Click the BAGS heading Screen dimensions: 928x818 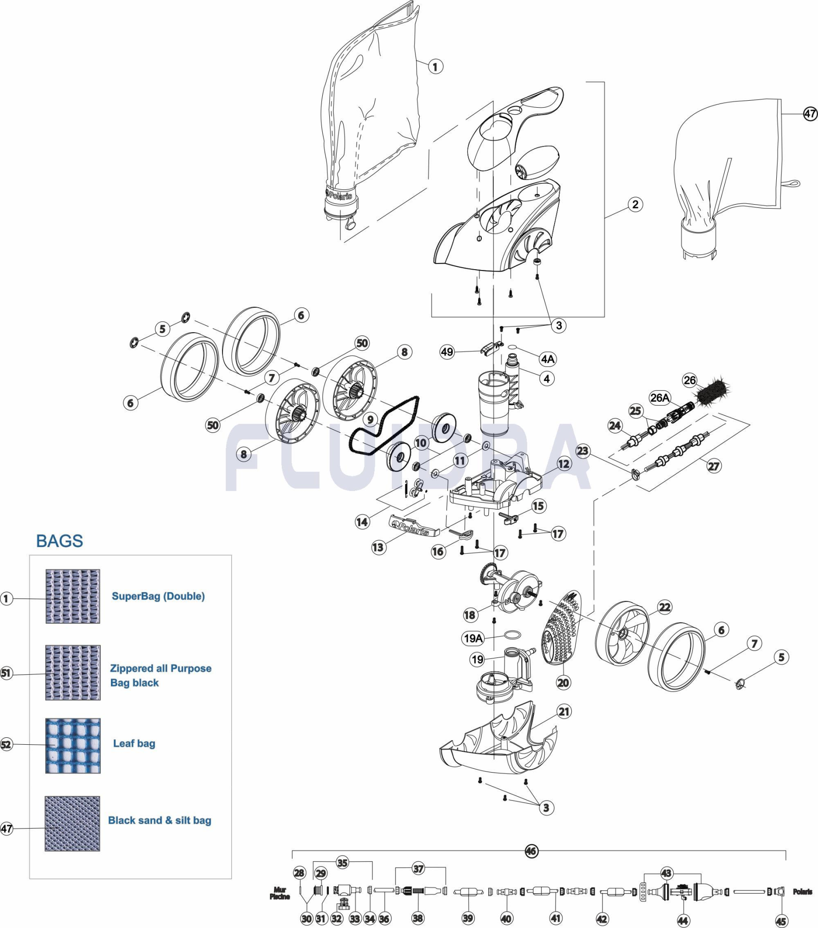59,541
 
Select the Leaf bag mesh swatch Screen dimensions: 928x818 73,746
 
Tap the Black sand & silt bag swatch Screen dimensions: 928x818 72,824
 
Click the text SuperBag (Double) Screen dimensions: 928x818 158,596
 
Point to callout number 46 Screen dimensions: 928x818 531,851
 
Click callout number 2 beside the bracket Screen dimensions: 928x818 635,204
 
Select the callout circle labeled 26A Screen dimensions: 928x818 659,398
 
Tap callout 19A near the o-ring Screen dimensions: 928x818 473,638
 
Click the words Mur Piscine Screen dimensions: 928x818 280,893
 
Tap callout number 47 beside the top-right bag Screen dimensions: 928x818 810,114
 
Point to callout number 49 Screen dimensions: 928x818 447,352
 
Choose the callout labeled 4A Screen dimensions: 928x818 548,359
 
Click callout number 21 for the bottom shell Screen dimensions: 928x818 564,711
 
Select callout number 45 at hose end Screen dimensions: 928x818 781,922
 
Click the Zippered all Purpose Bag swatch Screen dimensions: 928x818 73,672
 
